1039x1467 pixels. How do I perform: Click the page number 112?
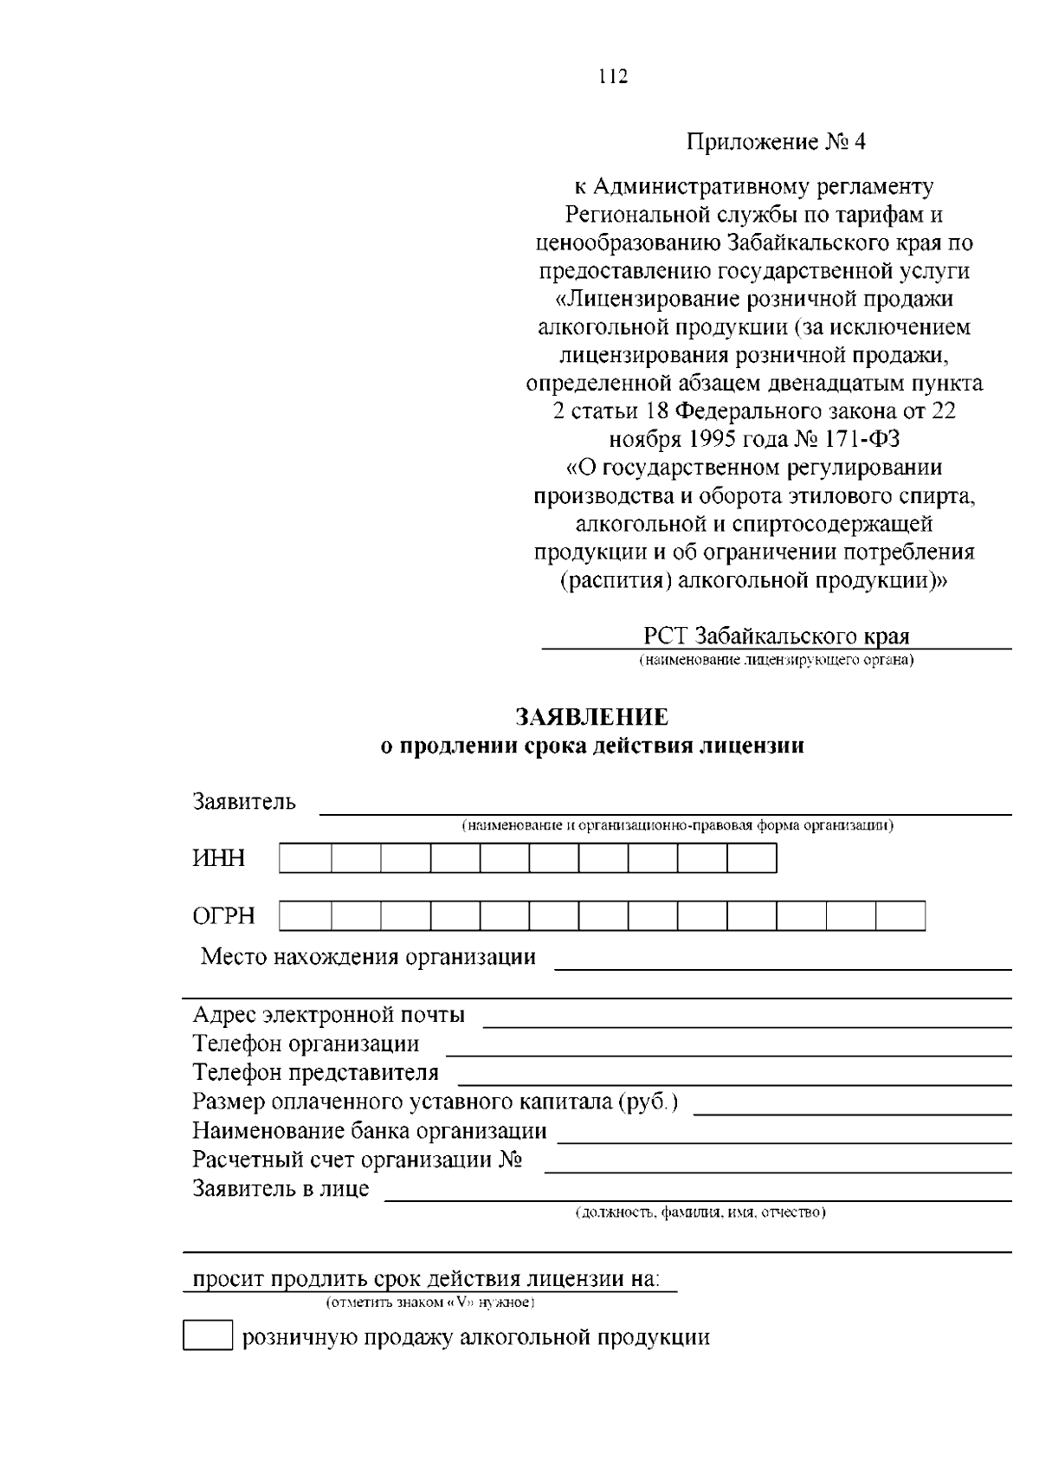612,76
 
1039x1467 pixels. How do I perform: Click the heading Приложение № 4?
777,141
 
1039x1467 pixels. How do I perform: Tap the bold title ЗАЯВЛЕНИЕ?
592,717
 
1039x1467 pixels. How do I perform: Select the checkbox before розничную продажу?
208,1336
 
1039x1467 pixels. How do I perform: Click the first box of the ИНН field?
305,858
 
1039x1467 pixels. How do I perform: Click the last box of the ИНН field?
752,858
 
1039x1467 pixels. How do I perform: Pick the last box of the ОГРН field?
900,915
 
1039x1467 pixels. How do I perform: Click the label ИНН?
219,858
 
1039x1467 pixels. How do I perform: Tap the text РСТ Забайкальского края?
777,637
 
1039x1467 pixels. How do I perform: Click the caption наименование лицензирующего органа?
777,661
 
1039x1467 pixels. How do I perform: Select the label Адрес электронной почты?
328,1014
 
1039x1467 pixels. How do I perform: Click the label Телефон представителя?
315,1072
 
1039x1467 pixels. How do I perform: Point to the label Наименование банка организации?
370,1130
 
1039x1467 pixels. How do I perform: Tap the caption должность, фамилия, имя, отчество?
701,1212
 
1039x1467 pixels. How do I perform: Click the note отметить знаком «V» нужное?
429,1302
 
